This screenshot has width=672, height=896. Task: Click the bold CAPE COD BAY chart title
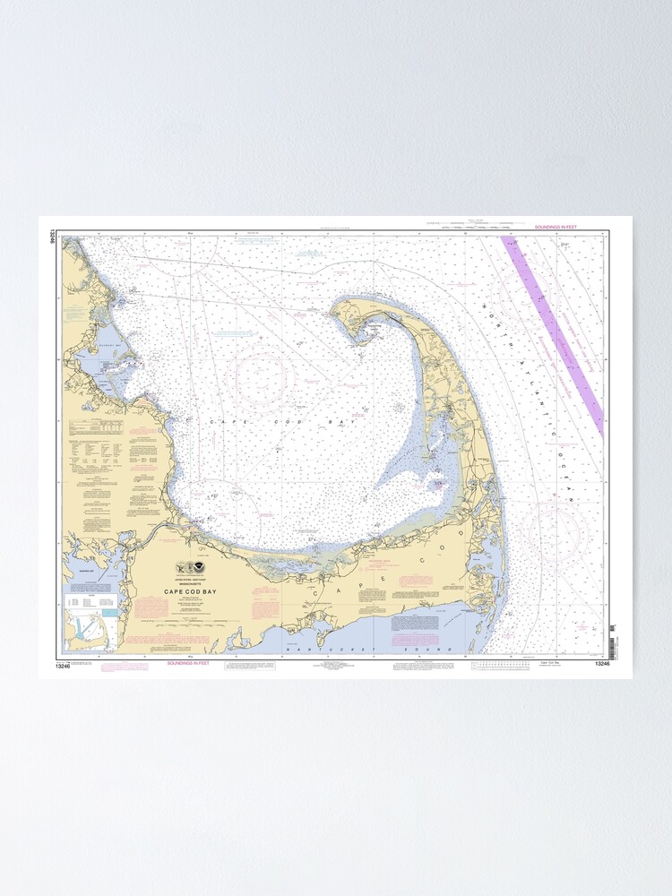[190, 590]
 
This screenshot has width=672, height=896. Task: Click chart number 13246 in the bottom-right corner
[601, 664]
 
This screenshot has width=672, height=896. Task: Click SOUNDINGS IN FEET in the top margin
[556, 228]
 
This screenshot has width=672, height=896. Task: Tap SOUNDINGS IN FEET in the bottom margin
[194, 664]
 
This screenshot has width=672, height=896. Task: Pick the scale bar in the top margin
[470, 228]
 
